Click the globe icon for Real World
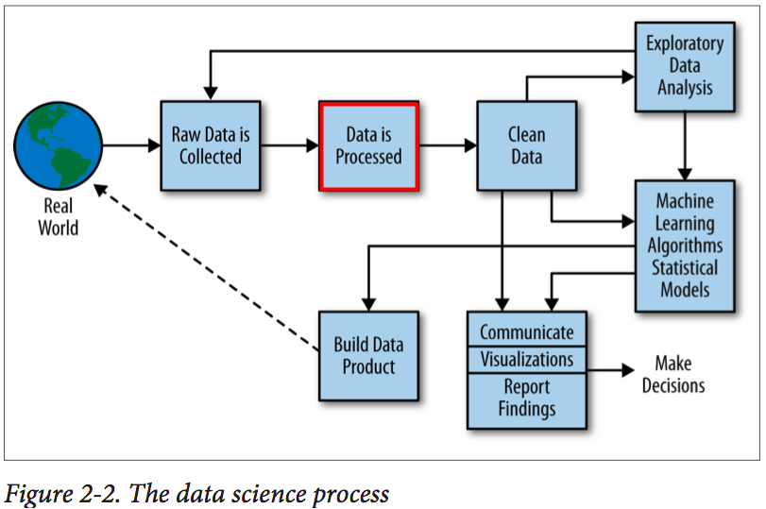[59, 145]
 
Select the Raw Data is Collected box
[211, 145]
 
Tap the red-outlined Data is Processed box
[369, 145]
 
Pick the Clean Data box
[527, 145]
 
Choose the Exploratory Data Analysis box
[685, 66]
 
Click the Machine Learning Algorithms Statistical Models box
[685, 246]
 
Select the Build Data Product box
[369, 356]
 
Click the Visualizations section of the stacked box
[527, 360]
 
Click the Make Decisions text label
[673, 374]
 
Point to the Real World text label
[59, 216]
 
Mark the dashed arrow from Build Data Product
[206, 267]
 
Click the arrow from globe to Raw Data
[132, 145]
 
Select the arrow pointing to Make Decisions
[611, 370]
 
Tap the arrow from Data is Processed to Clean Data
[448, 145]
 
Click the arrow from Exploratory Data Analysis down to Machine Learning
[685, 146]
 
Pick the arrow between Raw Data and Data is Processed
[290, 145]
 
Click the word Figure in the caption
[36, 494]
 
